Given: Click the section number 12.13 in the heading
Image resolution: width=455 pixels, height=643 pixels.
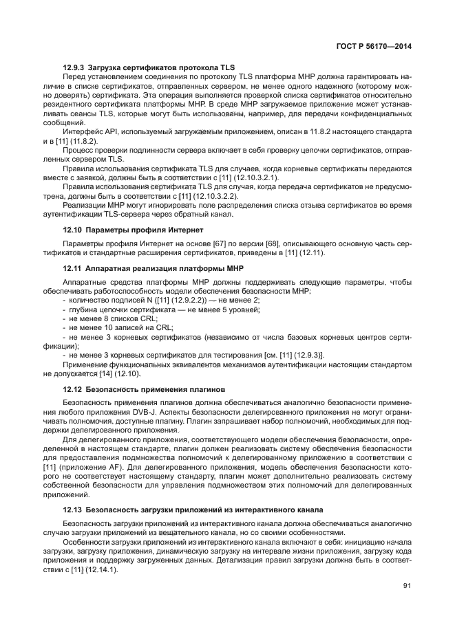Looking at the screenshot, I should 72,510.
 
